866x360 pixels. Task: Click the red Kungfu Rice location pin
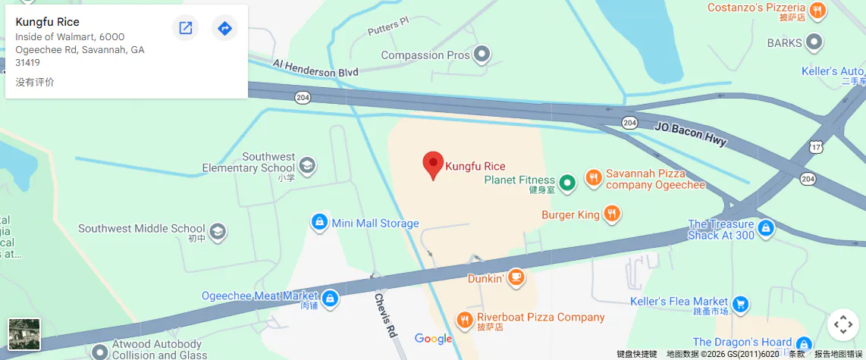(x=433, y=164)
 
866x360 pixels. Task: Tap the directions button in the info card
(x=224, y=28)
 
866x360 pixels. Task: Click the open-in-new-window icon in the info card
(x=185, y=28)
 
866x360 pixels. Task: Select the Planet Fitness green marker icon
(x=566, y=183)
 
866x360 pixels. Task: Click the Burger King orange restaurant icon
(x=612, y=214)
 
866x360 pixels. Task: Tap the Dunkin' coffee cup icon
(x=516, y=278)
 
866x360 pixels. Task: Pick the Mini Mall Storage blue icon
(x=320, y=223)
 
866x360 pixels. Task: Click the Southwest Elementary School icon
(x=307, y=165)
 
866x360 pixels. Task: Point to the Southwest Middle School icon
(x=218, y=230)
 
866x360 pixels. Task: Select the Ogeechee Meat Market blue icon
(x=330, y=299)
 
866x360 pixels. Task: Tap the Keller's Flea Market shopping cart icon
(x=741, y=305)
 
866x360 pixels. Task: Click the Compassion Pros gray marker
(x=482, y=55)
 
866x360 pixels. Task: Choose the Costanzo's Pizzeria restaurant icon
(x=817, y=11)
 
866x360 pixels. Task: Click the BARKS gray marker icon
(x=814, y=42)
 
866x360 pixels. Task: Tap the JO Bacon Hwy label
(x=690, y=133)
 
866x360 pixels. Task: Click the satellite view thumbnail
(x=24, y=334)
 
